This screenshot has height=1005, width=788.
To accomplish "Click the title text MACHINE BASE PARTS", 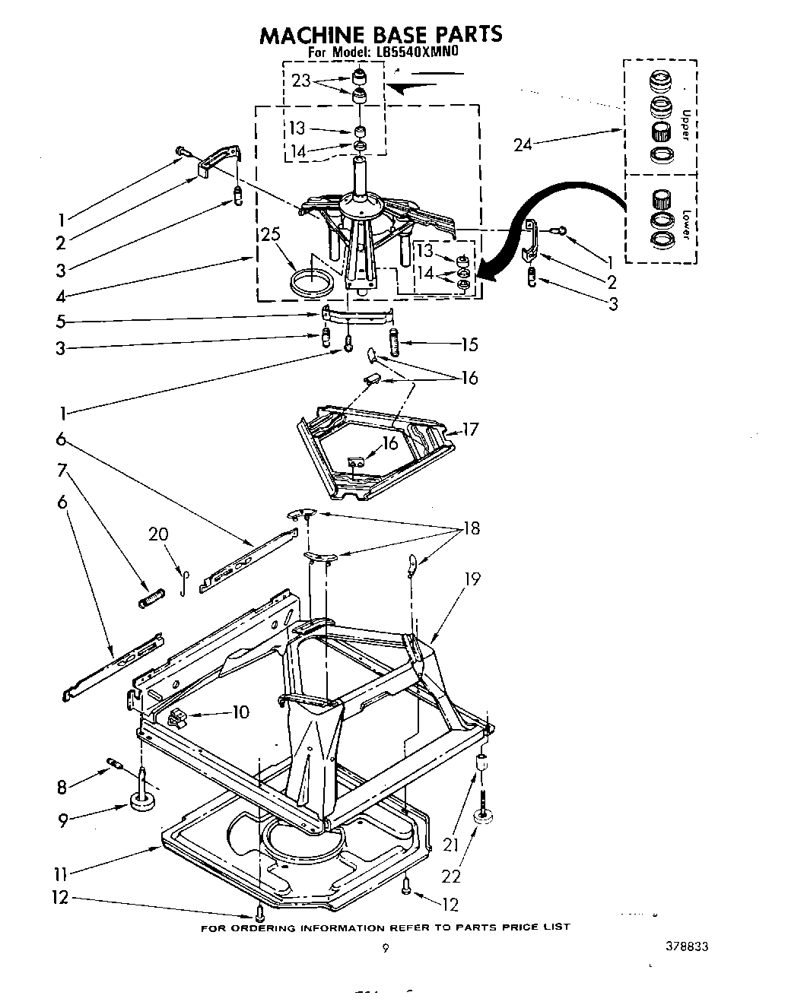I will point(381,34).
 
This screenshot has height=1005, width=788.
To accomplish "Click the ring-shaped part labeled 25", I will point(313,283).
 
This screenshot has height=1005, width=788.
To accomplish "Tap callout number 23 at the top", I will point(301,81).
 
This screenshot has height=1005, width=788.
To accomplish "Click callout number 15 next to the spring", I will point(469,345).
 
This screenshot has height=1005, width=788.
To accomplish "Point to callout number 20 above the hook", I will point(158,534).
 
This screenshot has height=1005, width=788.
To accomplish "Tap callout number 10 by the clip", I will point(240,712).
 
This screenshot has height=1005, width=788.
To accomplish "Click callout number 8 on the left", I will point(62,788).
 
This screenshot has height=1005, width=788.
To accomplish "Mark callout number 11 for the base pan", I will point(62,872).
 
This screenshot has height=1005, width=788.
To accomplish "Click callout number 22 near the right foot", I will point(451,877).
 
